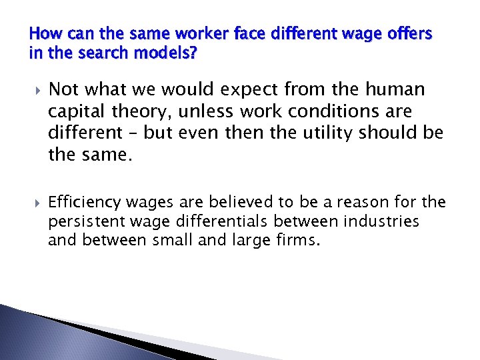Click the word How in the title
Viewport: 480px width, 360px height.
[x=43, y=33]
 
